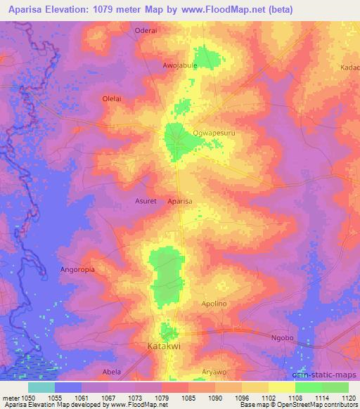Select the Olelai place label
tap(112, 98)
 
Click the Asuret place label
tap(146, 201)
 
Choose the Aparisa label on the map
tap(180, 201)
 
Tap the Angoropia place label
tap(77, 268)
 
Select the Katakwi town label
tap(164, 346)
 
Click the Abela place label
tap(112, 372)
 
